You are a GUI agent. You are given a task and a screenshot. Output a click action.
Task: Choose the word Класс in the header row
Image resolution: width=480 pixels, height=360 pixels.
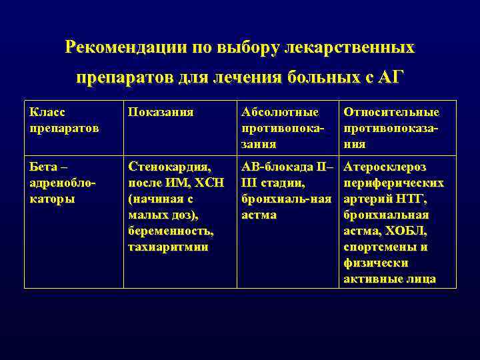pos(49,112)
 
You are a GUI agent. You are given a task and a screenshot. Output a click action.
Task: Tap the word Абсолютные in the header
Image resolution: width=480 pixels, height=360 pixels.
pos(280,112)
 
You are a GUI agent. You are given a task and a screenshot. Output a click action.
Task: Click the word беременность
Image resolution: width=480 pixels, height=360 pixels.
pos(171,231)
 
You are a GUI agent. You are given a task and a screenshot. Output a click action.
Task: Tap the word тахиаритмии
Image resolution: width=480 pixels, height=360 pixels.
pos(167,247)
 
